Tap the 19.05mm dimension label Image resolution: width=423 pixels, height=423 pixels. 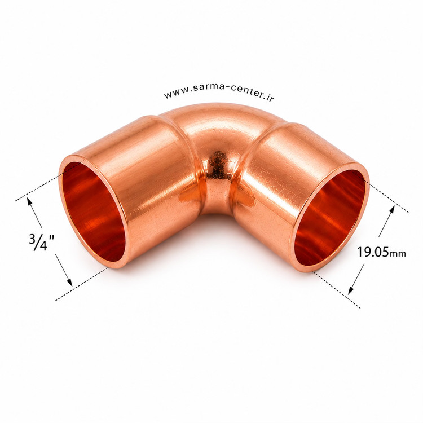pos(381,252)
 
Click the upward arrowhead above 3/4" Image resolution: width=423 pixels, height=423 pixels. pos(29,201)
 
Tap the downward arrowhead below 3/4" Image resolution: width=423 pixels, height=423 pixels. pos(70,281)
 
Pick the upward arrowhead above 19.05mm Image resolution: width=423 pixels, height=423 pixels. pos(392,210)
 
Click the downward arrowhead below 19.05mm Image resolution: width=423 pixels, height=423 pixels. pos(350,290)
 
